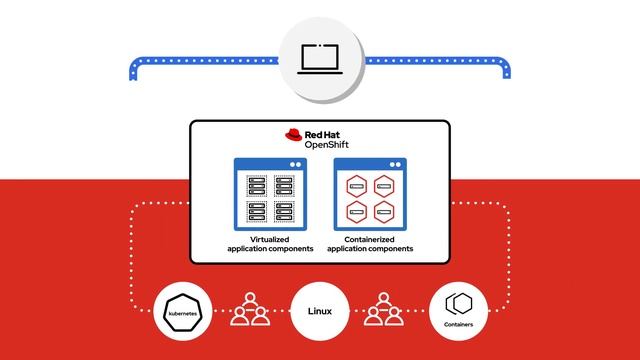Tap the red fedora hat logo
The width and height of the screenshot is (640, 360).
pos(294,138)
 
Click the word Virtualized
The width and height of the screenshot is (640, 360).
pos(269,241)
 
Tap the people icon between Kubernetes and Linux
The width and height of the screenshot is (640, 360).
pos(249,310)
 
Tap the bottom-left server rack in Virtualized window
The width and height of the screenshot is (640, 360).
pos(256,211)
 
